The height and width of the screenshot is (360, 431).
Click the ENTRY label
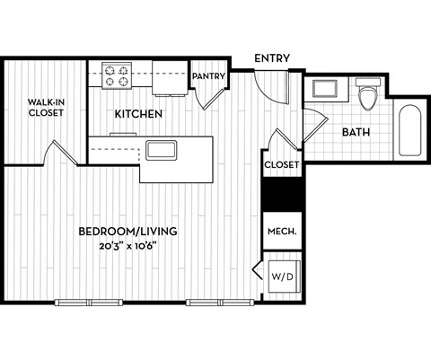(x=271, y=58)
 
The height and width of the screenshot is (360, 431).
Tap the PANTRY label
(x=207, y=76)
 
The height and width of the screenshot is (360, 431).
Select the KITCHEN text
(x=137, y=114)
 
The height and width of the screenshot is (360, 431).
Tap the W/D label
(x=280, y=277)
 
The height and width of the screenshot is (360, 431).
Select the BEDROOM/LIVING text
(x=128, y=231)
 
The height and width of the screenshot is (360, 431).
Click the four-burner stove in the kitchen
(x=116, y=75)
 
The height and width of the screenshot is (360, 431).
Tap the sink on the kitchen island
(x=162, y=150)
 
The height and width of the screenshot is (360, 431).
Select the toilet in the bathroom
(x=366, y=96)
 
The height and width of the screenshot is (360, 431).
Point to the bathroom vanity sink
(x=322, y=89)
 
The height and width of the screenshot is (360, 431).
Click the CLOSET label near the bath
(x=281, y=165)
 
